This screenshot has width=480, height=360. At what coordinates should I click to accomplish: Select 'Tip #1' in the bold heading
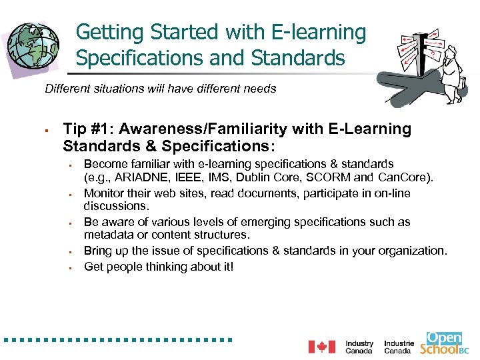pyautogui.click(x=85, y=129)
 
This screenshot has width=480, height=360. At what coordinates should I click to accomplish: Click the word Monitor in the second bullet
pyautogui.click(x=104, y=193)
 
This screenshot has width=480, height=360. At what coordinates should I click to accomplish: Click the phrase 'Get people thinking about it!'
pyautogui.click(x=159, y=267)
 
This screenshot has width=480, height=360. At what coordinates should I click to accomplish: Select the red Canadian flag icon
pyautogui.click(x=321, y=347)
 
